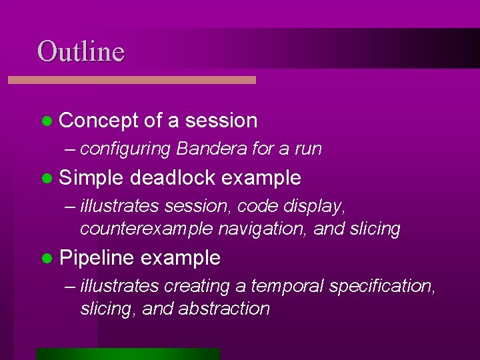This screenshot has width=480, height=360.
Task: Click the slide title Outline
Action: click(x=81, y=51)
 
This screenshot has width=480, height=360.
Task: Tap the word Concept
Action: click(x=99, y=121)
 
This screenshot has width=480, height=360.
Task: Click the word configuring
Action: click(x=125, y=149)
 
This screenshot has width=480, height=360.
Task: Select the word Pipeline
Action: click(x=97, y=258)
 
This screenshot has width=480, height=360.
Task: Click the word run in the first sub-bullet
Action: click(x=308, y=149)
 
